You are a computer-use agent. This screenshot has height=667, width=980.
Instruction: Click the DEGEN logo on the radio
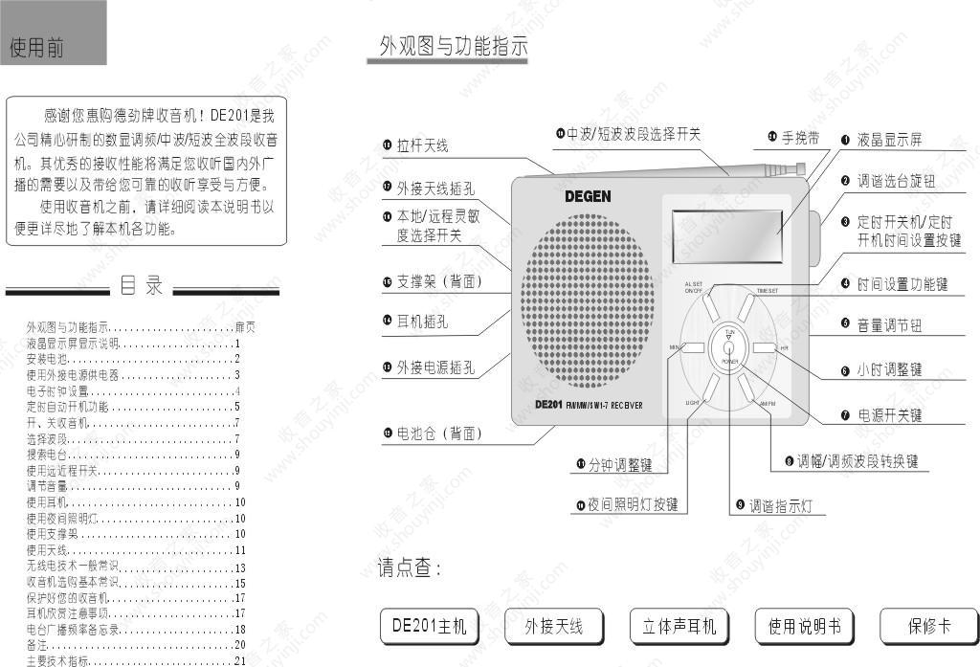(587, 196)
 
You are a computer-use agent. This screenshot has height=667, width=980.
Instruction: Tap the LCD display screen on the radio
(724, 234)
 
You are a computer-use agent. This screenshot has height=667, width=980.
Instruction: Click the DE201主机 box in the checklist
(429, 627)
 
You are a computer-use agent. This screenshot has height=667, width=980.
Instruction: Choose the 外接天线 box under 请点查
(553, 627)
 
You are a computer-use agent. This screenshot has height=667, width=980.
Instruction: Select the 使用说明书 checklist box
(805, 627)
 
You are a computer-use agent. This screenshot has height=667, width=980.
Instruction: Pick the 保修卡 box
(929, 627)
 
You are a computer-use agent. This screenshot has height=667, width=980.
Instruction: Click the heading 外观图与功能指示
(454, 46)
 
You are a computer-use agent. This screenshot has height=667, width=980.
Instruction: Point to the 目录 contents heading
(142, 285)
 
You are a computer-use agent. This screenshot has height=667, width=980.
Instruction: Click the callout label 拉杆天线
(422, 146)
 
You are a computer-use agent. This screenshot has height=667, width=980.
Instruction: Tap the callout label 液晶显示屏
(889, 140)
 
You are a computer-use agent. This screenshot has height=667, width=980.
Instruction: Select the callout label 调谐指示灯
(780, 506)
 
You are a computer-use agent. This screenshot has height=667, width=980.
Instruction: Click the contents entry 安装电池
(53, 359)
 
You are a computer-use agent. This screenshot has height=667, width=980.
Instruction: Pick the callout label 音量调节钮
(889, 324)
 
